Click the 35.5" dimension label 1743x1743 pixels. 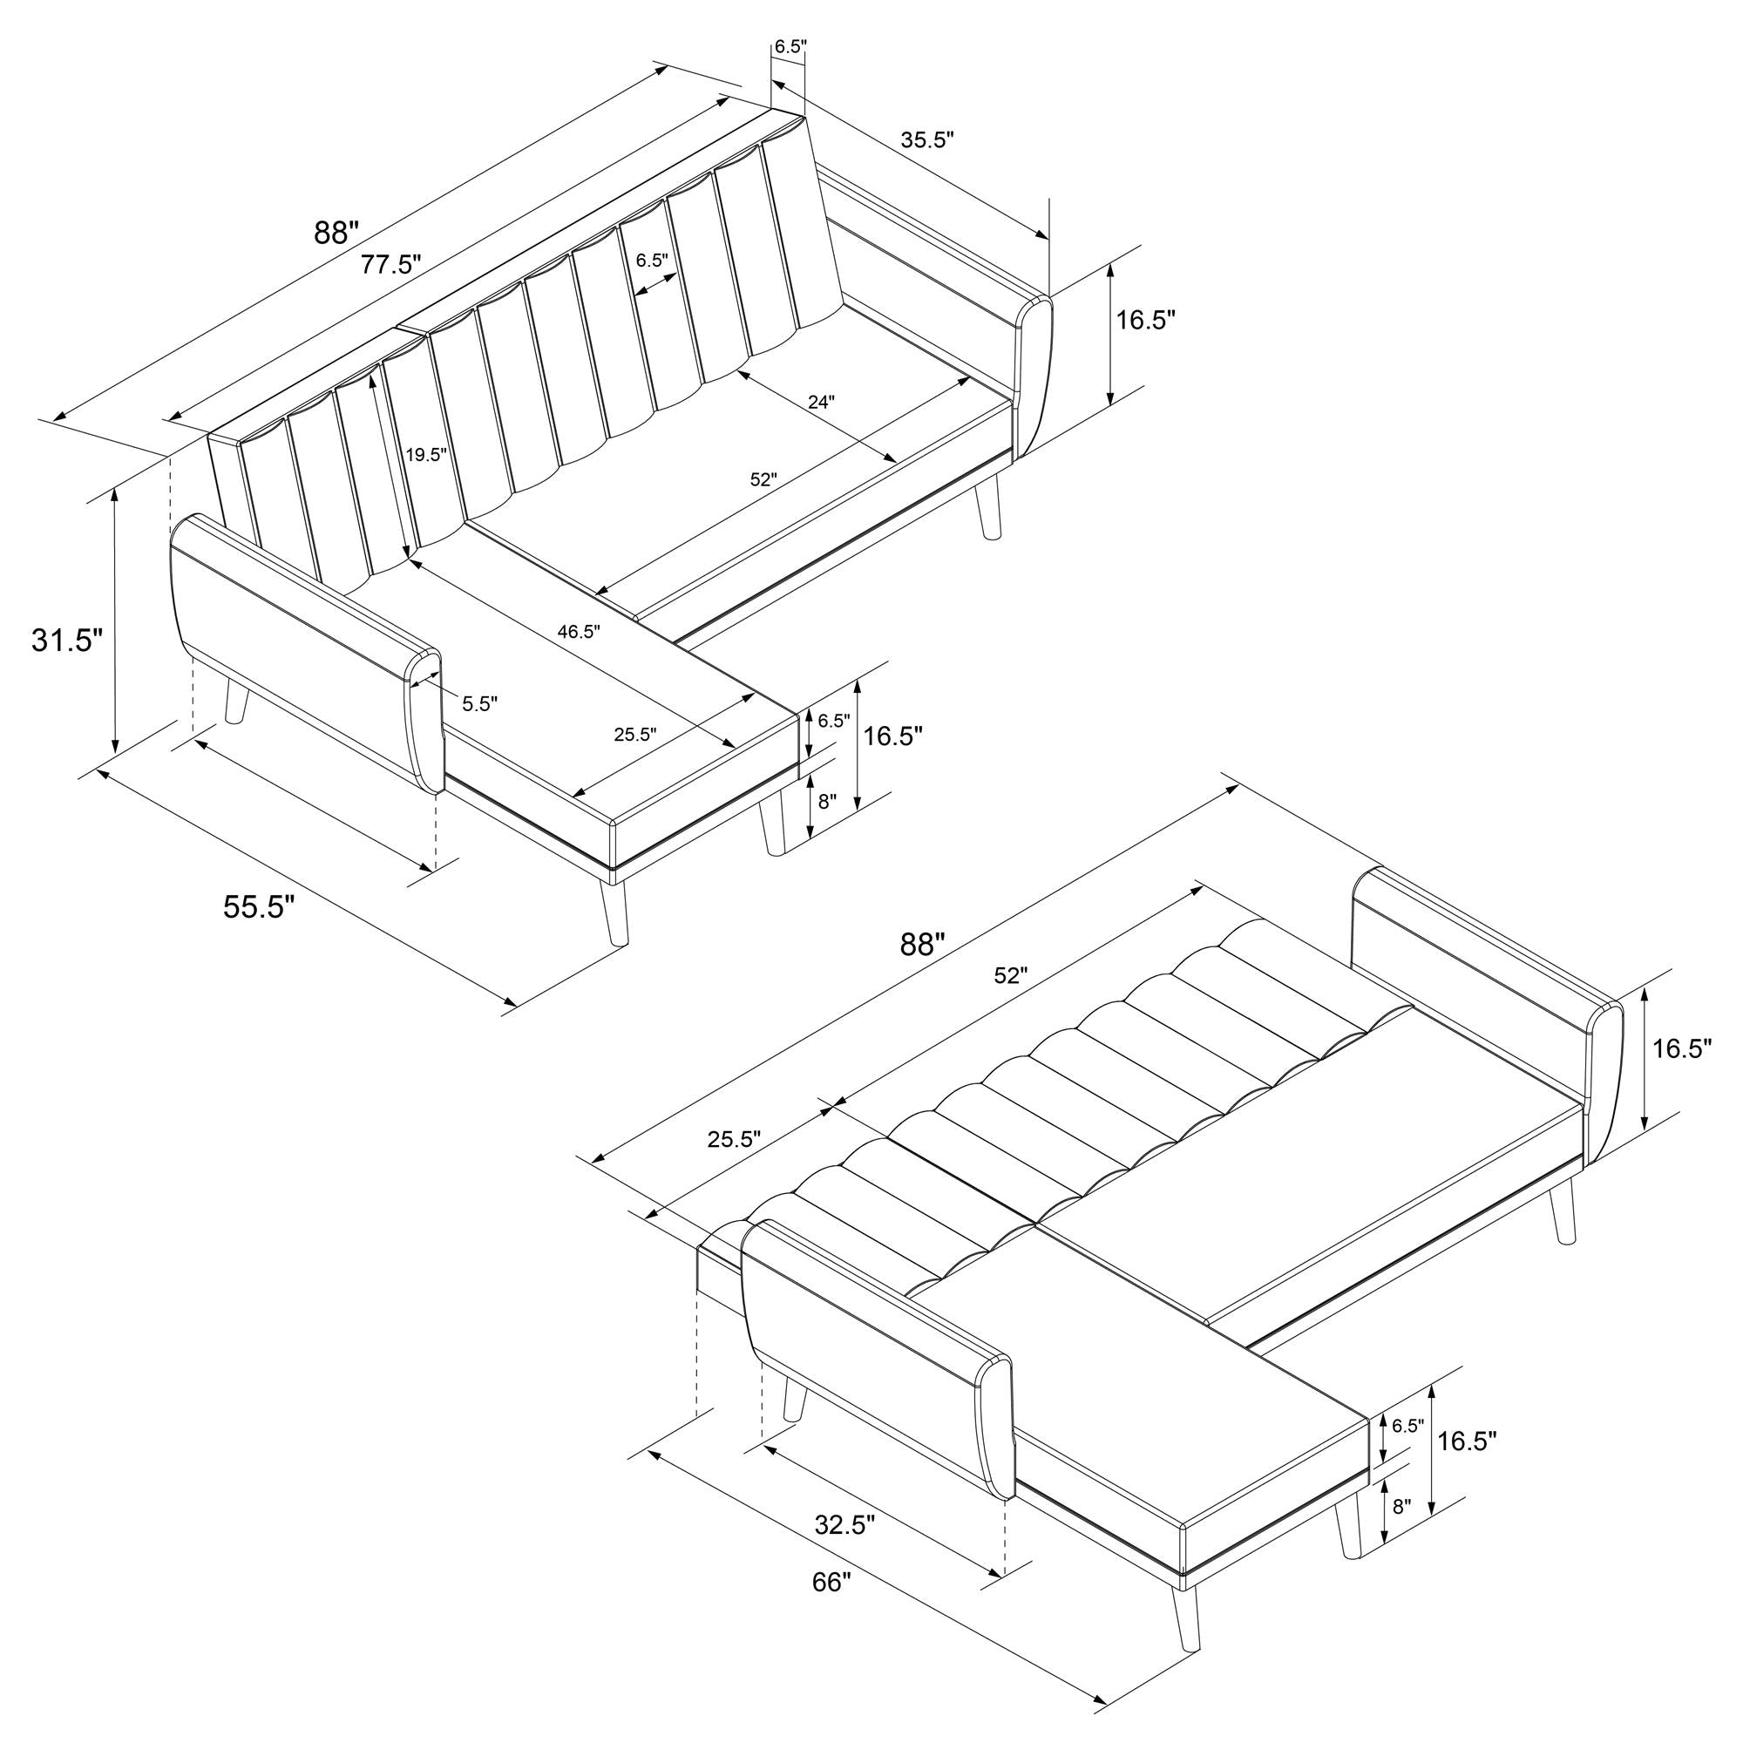tap(927, 139)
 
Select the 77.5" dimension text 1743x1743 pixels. tap(391, 264)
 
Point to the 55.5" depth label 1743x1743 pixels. tap(260, 906)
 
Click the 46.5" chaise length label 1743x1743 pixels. tap(579, 632)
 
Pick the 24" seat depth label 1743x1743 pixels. tap(821, 403)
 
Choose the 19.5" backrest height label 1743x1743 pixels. tap(426, 455)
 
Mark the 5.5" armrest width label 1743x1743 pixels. tap(480, 703)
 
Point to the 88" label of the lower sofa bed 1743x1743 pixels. tap(922, 944)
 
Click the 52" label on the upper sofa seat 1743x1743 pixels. tap(763, 480)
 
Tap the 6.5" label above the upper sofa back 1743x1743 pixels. tap(790, 47)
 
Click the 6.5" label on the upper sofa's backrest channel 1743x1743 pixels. tap(652, 260)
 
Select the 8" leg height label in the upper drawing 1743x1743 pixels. tap(827, 800)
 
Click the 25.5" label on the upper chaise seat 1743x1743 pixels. tap(635, 735)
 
